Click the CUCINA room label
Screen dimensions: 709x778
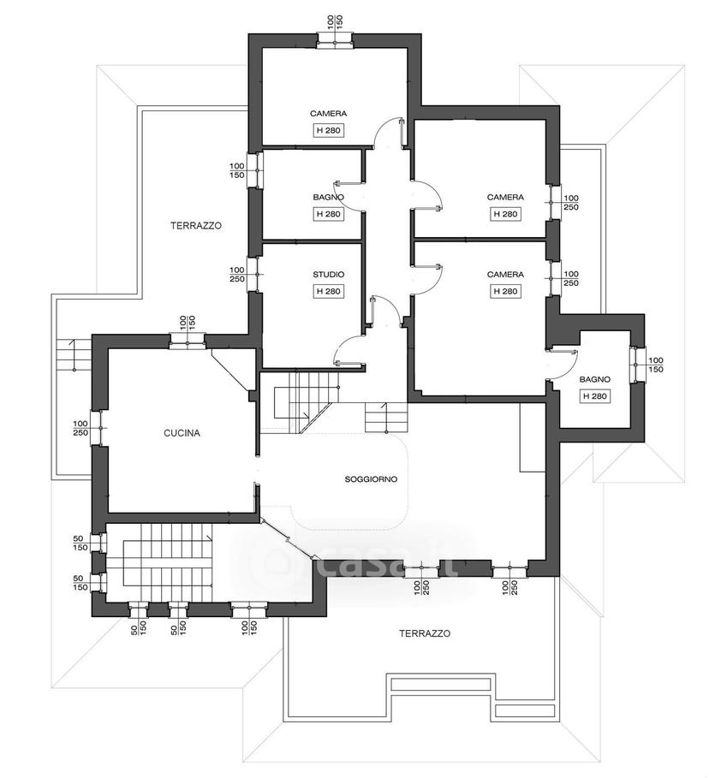(x=182, y=433)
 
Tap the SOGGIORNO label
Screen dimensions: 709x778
(x=371, y=479)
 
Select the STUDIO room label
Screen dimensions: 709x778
(x=328, y=275)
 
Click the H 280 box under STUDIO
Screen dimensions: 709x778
(x=328, y=291)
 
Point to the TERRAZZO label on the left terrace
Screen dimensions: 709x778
(x=195, y=226)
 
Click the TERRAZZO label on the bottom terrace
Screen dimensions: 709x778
(x=425, y=633)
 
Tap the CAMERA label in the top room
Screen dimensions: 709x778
(x=328, y=114)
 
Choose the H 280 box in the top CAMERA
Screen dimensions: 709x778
(x=328, y=130)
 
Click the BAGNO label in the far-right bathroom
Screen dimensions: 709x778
(x=595, y=379)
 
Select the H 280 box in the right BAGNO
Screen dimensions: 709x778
(x=595, y=396)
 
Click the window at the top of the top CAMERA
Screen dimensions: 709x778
(x=335, y=41)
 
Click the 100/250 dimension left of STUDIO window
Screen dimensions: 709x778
(x=237, y=275)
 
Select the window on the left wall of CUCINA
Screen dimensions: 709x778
(x=99, y=428)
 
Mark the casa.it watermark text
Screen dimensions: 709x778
(x=378, y=564)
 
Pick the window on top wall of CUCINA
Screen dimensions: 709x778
(x=188, y=341)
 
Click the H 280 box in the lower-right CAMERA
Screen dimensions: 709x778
(x=505, y=291)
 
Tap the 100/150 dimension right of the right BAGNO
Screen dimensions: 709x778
(x=656, y=365)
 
